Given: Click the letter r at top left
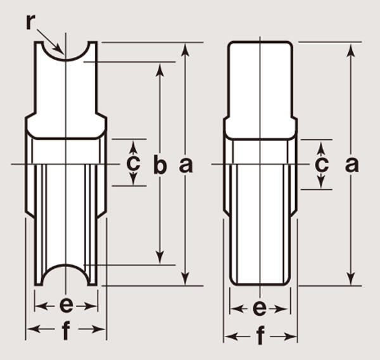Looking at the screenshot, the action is tap(30, 22).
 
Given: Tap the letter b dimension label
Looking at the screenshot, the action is tap(160, 164).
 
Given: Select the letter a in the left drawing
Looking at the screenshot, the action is tap(186, 165).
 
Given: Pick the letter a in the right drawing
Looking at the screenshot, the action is tap(351, 164).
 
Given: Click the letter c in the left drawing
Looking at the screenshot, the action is tap(133, 163).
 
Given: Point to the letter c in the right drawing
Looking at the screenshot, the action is tap(322, 164).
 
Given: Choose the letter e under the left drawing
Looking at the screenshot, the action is tap(66, 306).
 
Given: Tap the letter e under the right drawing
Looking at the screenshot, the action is tap(260, 308).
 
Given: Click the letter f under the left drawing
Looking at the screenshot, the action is tap(66, 330).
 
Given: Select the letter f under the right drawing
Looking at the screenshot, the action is tap(260, 336).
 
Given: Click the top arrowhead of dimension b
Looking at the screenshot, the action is tap(160, 70).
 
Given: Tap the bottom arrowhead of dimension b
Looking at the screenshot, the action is tap(160, 258).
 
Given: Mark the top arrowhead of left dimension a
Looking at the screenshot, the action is tap(186, 50).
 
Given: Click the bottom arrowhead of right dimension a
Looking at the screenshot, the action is tap(351, 278).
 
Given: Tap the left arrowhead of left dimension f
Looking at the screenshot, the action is tap(34, 329).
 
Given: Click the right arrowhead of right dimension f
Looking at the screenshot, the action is tap(290, 337).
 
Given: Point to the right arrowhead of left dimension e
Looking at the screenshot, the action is tap(90, 306).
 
